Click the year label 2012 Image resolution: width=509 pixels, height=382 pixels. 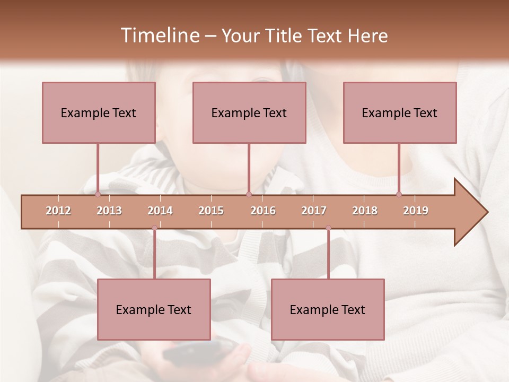click(x=58, y=211)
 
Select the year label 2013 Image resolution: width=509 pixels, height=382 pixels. click(x=109, y=211)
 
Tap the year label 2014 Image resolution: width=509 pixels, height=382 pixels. click(x=160, y=211)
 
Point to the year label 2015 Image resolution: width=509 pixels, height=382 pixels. click(x=211, y=211)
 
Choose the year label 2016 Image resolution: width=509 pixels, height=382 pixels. click(x=263, y=211)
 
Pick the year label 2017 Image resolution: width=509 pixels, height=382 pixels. click(x=314, y=211)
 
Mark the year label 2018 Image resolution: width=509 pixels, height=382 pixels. click(x=365, y=211)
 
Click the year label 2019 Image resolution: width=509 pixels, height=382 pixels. click(x=416, y=211)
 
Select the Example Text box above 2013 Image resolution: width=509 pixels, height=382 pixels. click(x=99, y=112)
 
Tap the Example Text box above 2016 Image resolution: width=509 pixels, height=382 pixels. click(x=249, y=112)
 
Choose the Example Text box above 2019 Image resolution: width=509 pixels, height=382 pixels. click(x=400, y=112)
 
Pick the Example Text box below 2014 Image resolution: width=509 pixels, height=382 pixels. click(x=154, y=309)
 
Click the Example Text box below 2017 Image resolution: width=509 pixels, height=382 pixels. click(x=328, y=309)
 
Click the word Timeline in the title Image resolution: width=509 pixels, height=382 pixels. click(x=160, y=36)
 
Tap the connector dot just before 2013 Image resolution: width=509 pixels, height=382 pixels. click(x=98, y=194)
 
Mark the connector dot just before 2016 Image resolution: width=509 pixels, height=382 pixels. click(x=249, y=194)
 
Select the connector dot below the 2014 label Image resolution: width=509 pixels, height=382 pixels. click(x=154, y=228)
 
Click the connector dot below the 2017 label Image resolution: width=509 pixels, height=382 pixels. click(x=328, y=228)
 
